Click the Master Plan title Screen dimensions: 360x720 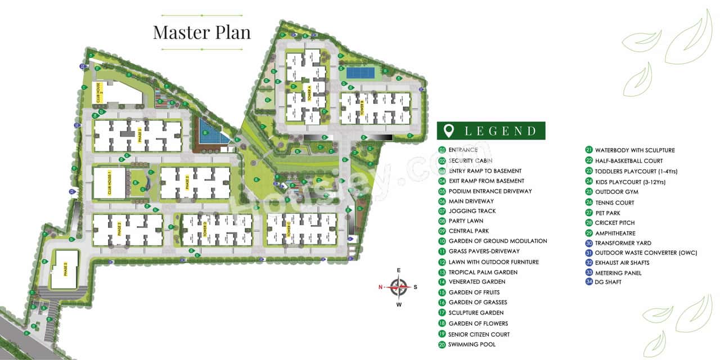(201, 32)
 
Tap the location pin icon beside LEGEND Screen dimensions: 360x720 (449, 131)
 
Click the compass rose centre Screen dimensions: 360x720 (399, 287)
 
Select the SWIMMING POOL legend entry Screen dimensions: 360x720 (471, 344)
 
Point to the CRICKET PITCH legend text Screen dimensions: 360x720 (615, 223)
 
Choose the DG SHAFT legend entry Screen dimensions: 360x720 (607, 282)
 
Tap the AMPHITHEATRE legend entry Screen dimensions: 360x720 (615, 233)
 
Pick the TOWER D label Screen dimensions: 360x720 (204, 229)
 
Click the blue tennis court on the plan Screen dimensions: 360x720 (361, 73)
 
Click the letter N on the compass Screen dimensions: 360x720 (381, 287)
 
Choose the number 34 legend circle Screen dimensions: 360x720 (589, 282)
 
